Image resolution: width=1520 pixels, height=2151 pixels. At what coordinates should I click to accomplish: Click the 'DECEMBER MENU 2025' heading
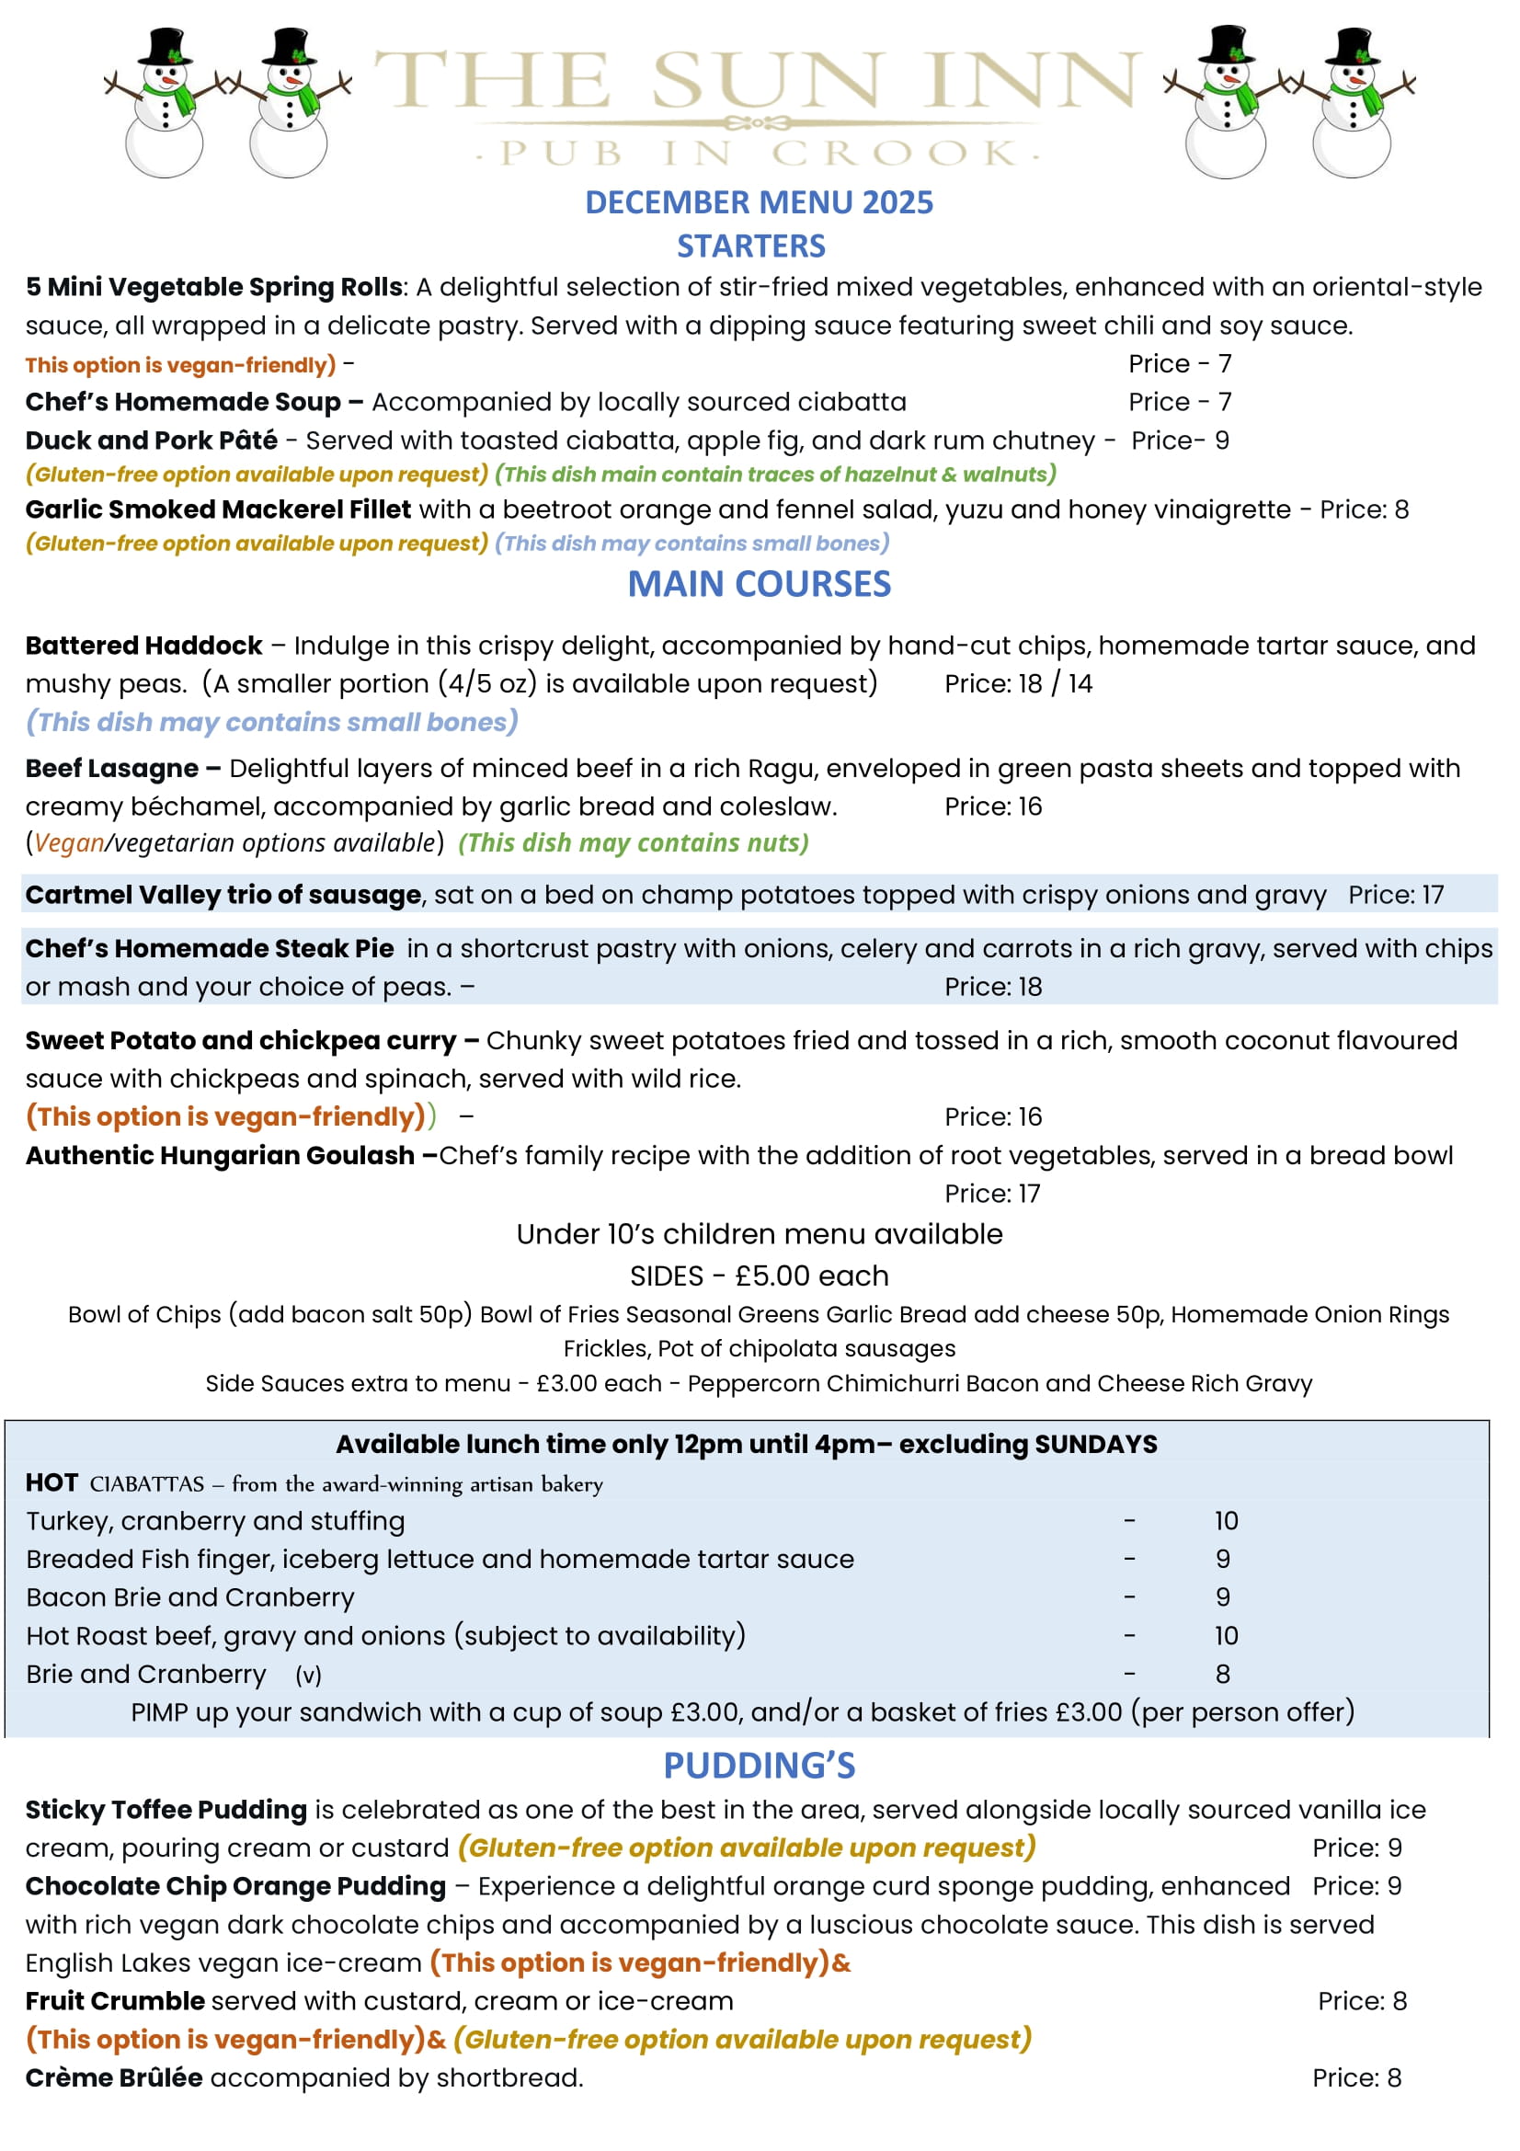(x=759, y=202)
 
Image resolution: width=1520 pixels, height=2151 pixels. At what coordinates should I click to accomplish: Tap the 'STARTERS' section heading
(x=751, y=246)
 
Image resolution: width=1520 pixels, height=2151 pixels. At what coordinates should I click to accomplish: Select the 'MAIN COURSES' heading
(x=759, y=584)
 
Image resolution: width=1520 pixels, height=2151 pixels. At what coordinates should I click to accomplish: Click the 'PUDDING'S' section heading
(x=759, y=1765)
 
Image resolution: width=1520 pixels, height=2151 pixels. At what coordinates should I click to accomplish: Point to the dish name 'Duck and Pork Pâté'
(x=151, y=440)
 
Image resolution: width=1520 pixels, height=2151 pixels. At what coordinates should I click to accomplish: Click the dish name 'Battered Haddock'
(x=143, y=646)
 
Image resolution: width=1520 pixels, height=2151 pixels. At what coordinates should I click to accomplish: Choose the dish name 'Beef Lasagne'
(x=111, y=768)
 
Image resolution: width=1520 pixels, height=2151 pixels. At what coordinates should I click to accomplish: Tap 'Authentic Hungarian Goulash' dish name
(x=219, y=1155)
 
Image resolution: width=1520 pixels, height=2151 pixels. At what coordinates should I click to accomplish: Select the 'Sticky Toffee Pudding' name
(x=166, y=1809)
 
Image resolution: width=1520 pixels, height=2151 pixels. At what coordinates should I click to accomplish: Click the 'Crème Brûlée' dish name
(x=113, y=2077)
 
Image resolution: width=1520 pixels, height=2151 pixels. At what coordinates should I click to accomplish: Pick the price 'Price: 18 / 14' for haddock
(x=1018, y=684)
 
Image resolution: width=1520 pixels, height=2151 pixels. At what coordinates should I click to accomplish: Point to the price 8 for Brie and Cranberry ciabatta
(x=1222, y=1673)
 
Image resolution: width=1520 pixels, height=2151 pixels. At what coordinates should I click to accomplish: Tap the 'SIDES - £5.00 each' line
(x=759, y=1276)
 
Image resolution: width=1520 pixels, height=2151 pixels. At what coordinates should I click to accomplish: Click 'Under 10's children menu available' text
(x=759, y=1234)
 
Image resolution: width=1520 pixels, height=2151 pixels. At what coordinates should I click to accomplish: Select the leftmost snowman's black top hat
(x=166, y=47)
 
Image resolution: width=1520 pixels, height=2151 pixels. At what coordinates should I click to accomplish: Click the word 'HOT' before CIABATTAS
(x=51, y=1483)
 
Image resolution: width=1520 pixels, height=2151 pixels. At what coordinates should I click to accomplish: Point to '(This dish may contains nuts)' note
(x=633, y=843)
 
